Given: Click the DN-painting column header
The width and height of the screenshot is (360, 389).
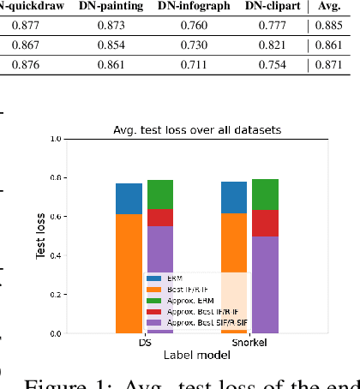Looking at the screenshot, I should coord(119,8).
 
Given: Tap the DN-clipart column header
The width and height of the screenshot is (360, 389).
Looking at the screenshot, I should coord(273,8).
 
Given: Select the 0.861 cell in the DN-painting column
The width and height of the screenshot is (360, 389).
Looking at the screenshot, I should coord(119,65).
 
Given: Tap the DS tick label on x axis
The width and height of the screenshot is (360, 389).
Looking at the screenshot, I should coord(144,344).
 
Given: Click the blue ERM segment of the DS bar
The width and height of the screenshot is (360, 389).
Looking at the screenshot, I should coord(129,198).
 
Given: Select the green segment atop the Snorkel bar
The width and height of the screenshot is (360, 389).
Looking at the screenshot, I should coord(265,194).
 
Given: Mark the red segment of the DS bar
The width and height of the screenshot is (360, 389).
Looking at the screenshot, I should coord(160,217).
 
